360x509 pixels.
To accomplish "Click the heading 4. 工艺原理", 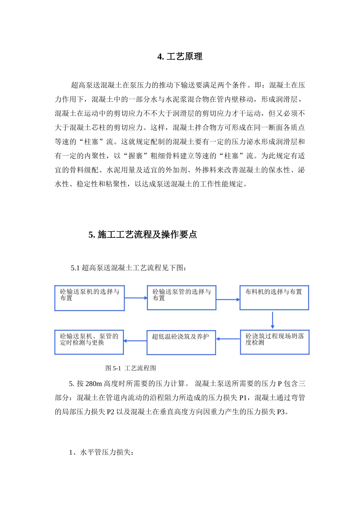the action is pyautogui.click(x=180, y=57).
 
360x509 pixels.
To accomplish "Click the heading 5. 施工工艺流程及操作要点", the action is pyautogui.click(x=142, y=235).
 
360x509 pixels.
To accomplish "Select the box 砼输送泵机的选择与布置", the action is pyautogui.click(x=89, y=298).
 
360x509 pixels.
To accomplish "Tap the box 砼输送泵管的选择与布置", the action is pyautogui.click(x=182, y=298).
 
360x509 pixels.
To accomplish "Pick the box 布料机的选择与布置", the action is pyautogui.click(x=274, y=298).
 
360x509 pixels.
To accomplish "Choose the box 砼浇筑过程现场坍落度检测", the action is pyautogui.click(x=274, y=342).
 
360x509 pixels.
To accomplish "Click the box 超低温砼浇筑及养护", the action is pyautogui.click(x=181, y=342).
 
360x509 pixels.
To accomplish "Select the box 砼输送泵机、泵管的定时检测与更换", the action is pyautogui.click(x=89, y=342).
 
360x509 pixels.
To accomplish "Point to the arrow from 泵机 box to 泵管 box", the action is pyautogui.click(x=136, y=298).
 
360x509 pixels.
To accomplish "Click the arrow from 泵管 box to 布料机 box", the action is pyautogui.click(x=228, y=300).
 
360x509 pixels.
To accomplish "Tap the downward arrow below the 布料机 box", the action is pyautogui.click(x=272, y=320).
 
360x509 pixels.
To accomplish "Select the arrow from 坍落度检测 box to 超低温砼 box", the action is pyautogui.click(x=228, y=339).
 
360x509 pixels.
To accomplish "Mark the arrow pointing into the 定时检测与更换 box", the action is pyautogui.click(x=135, y=341).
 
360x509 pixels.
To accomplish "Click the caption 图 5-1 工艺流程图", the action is pyautogui.click(x=131, y=368).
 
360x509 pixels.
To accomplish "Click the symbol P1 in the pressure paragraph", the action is pyautogui.click(x=243, y=398).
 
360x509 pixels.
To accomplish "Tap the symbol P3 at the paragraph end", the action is pyautogui.click(x=281, y=412).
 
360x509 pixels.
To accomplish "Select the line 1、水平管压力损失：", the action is pyautogui.click(x=101, y=452).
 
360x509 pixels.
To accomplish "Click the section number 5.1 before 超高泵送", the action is pyautogui.click(x=75, y=268).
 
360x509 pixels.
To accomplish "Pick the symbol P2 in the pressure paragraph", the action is pyautogui.click(x=110, y=412).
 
